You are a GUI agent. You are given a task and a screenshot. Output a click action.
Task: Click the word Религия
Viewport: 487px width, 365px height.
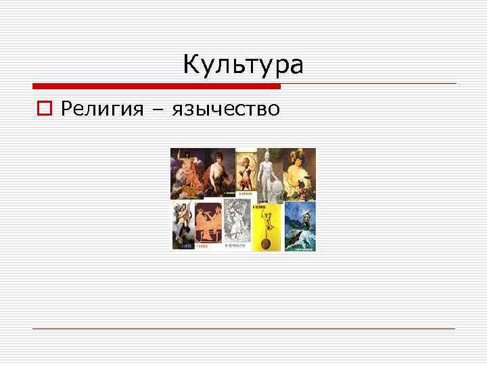click(102, 108)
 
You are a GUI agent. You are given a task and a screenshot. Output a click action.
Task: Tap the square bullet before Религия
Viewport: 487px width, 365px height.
click(45, 108)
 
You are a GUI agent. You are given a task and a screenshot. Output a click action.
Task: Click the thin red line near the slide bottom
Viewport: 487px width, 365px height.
click(243, 328)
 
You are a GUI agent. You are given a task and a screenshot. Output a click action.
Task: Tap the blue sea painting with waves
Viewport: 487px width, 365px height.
click(300, 226)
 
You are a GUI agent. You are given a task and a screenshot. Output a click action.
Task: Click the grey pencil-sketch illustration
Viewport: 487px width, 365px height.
click(238, 226)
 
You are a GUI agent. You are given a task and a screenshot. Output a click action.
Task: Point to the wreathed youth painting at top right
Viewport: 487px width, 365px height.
click(299, 174)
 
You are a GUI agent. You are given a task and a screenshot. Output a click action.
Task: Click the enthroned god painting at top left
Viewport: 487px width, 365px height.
click(185, 174)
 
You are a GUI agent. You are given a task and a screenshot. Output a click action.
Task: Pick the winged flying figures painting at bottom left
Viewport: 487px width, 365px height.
click(183, 226)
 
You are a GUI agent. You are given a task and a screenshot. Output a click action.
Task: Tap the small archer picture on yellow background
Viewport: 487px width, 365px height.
click(246, 174)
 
